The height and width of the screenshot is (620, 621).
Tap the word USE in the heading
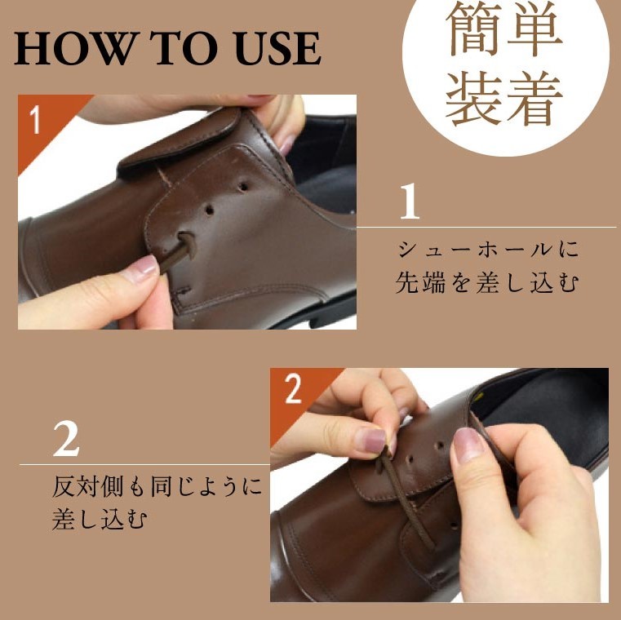[x=277, y=48]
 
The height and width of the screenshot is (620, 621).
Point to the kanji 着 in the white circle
[x=535, y=98]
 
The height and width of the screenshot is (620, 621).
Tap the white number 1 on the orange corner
[x=35, y=120]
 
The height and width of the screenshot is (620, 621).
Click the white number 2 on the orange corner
[x=293, y=389]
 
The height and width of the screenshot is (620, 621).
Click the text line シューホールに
[x=488, y=250]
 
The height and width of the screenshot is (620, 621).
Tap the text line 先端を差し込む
[x=487, y=282]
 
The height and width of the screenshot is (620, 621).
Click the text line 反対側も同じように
[x=157, y=486]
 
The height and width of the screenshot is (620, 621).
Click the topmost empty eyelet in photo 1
[x=243, y=186]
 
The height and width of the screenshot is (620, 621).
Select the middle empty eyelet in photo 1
[x=210, y=210]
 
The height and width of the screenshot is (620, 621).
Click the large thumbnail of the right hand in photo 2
[x=468, y=445]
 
